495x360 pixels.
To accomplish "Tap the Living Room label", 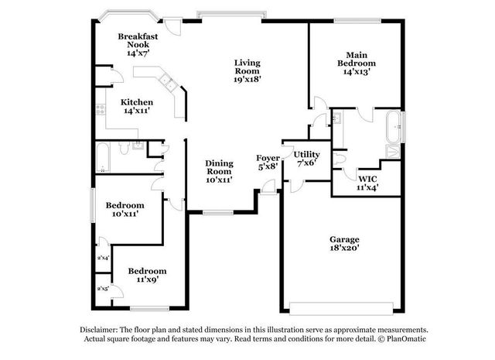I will click(247, 70).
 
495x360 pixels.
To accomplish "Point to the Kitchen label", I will click(137, 107).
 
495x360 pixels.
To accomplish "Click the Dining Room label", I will click(219, 171).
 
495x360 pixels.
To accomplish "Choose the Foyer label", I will click(268, 162).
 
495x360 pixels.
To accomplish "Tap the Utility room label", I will click(307, 159).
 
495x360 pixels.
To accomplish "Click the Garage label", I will click(343, 244).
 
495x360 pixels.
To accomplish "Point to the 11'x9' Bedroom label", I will click(147, 275).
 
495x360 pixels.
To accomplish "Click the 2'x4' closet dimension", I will click(102, 258).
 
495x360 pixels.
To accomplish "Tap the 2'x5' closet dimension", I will click(102, 289).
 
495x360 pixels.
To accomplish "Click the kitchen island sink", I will click(166, 81).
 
